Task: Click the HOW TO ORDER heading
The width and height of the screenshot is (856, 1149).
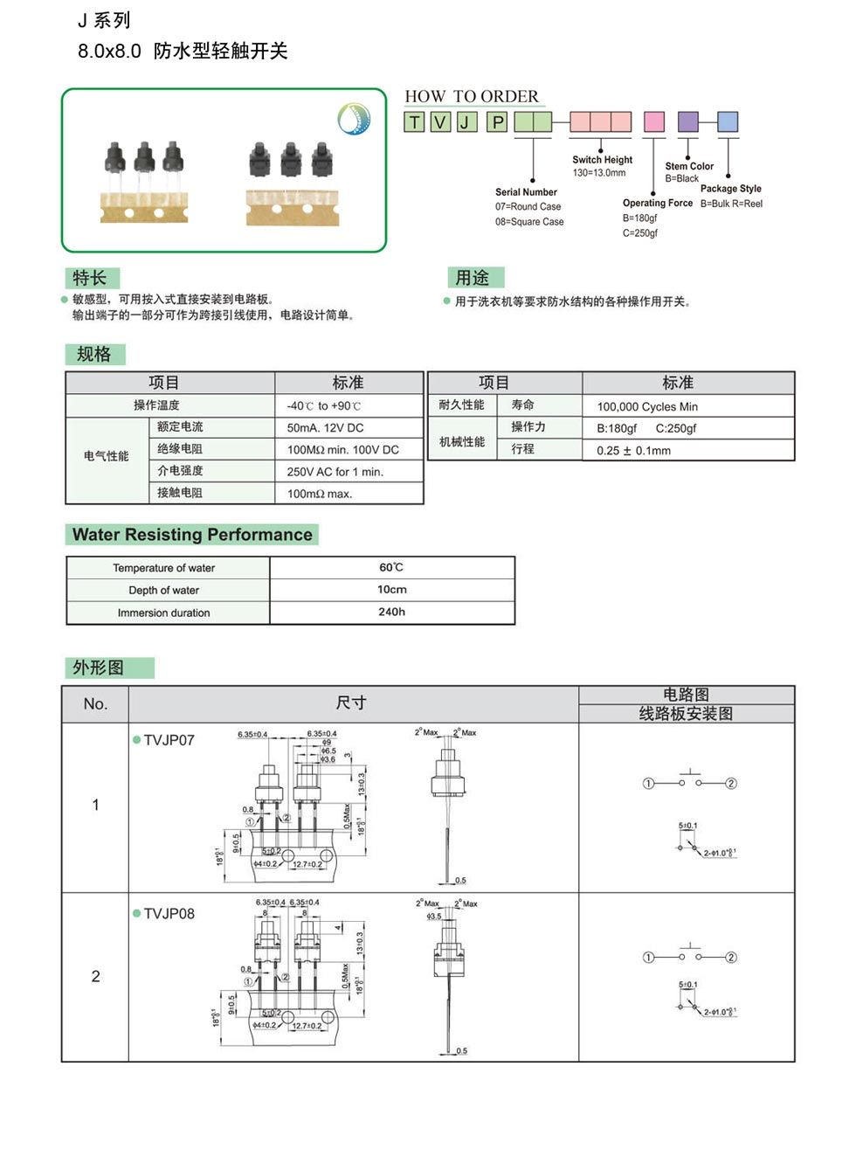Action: (x=472, y=96)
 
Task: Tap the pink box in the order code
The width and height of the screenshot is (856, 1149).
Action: (x=653, y=121)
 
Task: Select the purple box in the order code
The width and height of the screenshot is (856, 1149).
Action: (x=688, y=121)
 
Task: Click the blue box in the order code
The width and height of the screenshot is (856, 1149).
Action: (x=728, y=121)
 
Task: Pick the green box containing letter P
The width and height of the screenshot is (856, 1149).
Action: (x=497, y=122)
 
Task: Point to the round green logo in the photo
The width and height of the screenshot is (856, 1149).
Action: (x=354, y=119)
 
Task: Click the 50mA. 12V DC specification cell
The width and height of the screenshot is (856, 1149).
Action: (x=325, y=428)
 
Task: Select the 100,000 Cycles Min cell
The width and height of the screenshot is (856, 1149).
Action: (x=646, y=406)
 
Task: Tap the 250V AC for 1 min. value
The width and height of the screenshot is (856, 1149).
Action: (x=335, y=472)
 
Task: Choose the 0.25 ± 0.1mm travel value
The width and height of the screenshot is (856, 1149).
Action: (x=633, y=451)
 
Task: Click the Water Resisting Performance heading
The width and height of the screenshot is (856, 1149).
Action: (x=192, y=535)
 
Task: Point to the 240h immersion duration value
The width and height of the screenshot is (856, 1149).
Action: (x=391, y=613)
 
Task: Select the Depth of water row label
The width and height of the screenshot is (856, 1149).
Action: (x=164, y=591)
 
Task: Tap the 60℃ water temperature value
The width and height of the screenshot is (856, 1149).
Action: (x=391, y=568)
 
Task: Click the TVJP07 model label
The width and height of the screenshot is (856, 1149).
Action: (x=169, y=740)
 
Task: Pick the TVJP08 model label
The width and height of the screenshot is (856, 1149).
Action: (x=169, y=914)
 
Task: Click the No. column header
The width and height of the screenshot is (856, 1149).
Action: (x=95, y=704)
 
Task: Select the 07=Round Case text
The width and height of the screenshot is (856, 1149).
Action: (x=528, y=207)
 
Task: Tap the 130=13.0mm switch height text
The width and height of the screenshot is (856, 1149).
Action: (x=599, y=173)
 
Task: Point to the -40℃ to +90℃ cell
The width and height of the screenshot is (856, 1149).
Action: (x=323, y=406)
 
